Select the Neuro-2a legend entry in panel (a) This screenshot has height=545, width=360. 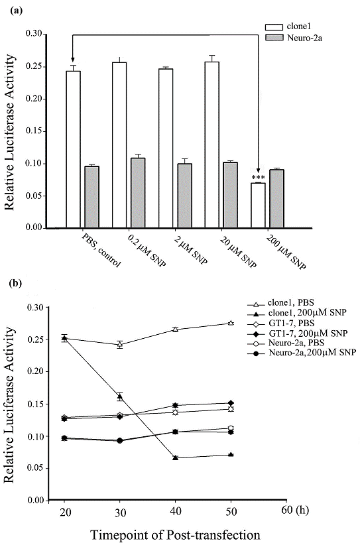287,40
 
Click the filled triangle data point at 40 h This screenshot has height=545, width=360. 175,458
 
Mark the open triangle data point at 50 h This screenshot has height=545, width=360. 231,323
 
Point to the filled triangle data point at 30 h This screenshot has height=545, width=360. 120,397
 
